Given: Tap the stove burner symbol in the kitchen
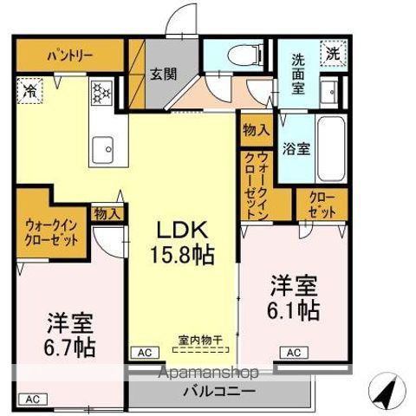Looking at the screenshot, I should click(x=101, y=91).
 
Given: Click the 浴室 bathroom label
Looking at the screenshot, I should click(x=299, y=148).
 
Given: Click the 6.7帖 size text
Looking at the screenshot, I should click(x=71, y=348).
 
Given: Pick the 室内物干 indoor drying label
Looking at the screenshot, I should click(x=200, y=340).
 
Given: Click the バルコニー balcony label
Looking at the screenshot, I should click(x=218, y=391).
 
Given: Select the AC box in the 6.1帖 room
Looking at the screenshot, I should click(x=293, y=352).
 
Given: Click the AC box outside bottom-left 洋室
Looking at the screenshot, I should click(x=32, y=400).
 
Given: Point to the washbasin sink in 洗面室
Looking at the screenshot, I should click(x=330, y=91).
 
